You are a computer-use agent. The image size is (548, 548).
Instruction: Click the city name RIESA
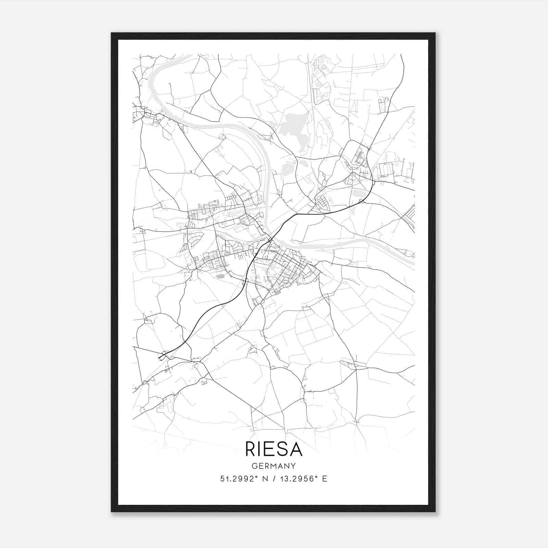[274, 449]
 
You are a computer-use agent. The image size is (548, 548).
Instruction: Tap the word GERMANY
[274, 466]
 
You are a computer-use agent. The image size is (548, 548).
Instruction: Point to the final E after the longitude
[325, 479]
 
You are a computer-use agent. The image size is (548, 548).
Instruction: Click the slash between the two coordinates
[273, 479]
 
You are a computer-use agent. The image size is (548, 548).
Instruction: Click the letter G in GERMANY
[254, 466]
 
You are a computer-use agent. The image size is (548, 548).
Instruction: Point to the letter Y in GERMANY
[293, 466]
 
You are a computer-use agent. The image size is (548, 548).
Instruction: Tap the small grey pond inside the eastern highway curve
[358, 194]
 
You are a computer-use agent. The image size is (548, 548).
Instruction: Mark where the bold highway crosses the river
[271, 239]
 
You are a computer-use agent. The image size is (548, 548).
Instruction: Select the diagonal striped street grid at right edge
[409, 216]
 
